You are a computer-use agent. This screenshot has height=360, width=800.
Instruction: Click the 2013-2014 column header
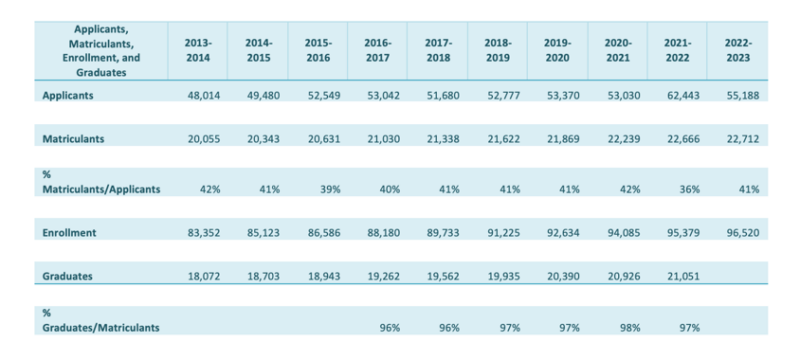pyautogui.click(x=198, y=51)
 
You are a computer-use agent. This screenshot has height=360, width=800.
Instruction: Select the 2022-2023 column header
pyautogui.click(x=738, y=51)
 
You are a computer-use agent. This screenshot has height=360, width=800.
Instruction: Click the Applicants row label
pyautogui.click(x=71, y=95)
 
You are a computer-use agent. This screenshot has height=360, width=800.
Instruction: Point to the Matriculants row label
pyautogui.click(x=75, y=139)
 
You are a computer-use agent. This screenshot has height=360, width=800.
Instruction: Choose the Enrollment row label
pyautogui.click(x=70, y=233)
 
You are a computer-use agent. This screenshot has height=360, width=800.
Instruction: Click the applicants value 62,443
pyautogui.click(x=678, y=95)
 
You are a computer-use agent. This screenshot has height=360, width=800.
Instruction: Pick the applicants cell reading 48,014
pyautogui.click(x=198, y=95)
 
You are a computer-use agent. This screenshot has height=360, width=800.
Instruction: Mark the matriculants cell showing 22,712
pyautogui.click(x=738, y=139)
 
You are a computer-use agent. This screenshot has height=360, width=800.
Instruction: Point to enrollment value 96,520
pyautogui.click(x=738, y=233)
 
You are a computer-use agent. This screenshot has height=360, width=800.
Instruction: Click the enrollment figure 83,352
pyautogui.click(x=198, y=233)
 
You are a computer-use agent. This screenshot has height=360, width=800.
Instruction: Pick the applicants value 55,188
pyautogui.click(x=738, y=95)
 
